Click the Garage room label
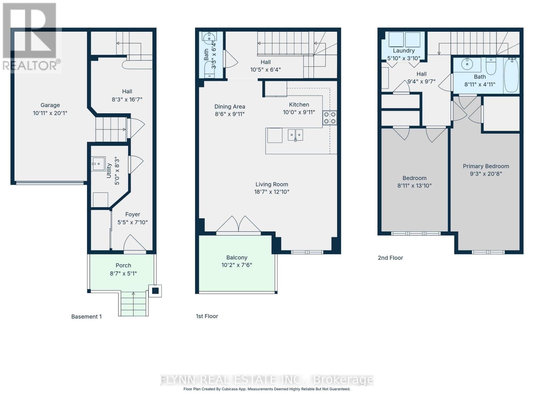point(50,105)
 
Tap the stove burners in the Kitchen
point(329,118)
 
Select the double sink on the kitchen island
point(295,135)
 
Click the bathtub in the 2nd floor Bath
point(511,76)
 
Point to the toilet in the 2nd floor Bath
point(491,66)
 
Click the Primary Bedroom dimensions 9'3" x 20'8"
point(486,174)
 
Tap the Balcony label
point(237,258)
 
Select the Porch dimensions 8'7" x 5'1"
point(123,273)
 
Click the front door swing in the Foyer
point(135,243)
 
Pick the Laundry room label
point(404,51)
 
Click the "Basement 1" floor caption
point(86,317)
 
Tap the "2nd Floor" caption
point(390,258)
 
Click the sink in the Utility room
point(98,164)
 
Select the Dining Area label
point(230,107)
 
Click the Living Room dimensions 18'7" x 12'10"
point(271,192)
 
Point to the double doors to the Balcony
point(238,224)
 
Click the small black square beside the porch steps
point(155,291)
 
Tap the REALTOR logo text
point(32,65)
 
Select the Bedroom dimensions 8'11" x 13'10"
point(414,186)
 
